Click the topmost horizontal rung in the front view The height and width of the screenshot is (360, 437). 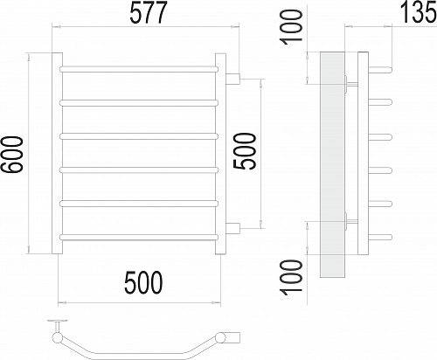(x=139, y=66)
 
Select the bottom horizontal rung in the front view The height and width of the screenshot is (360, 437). (x=139, y=236)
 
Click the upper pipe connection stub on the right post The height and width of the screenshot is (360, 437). (x=233, y=80)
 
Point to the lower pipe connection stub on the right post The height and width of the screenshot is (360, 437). (x=233, y=229)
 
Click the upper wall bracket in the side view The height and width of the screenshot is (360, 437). (x=351, y=84)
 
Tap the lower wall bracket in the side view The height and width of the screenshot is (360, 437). (x=351, y=223)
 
